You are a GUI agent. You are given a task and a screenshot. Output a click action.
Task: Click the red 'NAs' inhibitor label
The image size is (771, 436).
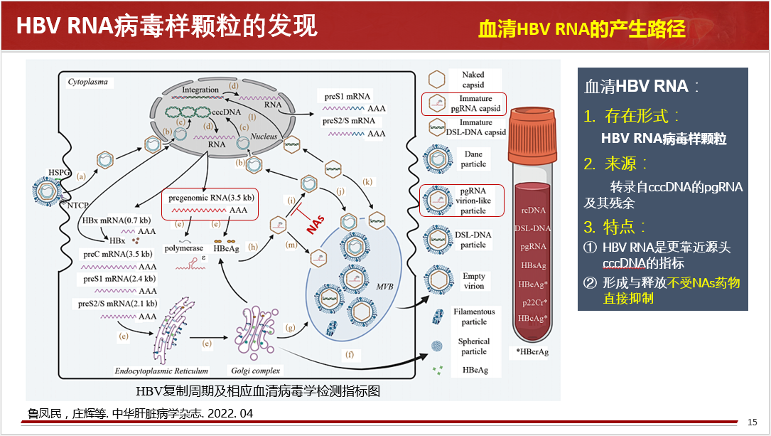[315, 224]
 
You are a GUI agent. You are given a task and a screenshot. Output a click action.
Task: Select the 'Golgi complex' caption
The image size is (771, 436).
[256, 370]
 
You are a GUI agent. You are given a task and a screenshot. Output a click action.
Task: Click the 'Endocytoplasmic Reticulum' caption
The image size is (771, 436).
[161, 370]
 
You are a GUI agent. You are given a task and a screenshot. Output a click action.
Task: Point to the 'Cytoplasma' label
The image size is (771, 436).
[88, 82]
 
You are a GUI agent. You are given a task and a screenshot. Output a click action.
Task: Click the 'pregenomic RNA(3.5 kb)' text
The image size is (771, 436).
[212, 197]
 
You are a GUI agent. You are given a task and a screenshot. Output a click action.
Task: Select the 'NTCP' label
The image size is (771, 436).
[79, 205]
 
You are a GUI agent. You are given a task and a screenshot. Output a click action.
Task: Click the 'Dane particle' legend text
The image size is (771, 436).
[473, 159]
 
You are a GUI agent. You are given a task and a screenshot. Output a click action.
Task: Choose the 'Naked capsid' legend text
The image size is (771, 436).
[473, 80]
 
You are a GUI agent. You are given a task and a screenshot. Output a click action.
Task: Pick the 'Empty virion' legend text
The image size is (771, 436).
[474, 281]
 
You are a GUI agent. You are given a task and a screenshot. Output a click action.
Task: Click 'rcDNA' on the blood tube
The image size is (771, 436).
[533, 210]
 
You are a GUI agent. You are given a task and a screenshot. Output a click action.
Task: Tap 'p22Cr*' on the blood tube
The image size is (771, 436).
[533, 302]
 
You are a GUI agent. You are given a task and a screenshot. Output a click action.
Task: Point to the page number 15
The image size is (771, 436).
[752, 422]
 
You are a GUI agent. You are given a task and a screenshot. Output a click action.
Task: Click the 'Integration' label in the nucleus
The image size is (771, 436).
[200, 90]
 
